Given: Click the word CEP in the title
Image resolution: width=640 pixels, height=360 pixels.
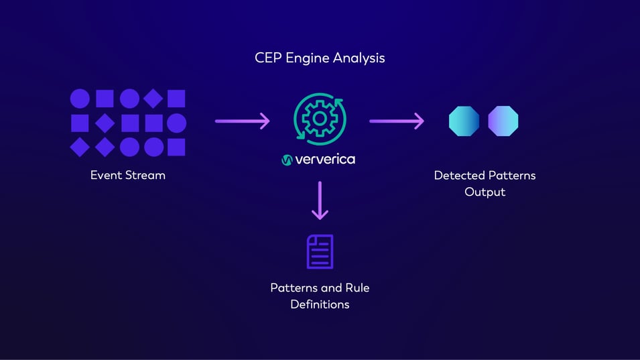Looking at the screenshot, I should pos(268,58).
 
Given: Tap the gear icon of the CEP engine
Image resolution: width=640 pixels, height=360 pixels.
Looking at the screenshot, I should pos(320,118).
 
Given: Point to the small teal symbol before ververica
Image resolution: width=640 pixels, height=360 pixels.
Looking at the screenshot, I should pos(287,160).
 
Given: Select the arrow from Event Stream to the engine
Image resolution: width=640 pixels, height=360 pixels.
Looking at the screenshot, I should pos(242,121).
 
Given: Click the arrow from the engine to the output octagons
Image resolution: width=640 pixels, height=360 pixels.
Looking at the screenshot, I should pos(397,121).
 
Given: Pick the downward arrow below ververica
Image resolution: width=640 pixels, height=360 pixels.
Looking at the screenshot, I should pos(320,200).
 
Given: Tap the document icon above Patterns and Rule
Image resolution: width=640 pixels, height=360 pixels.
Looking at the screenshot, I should pos(320,251).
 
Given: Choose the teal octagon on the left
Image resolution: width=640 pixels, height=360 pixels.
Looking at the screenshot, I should pos(464,121).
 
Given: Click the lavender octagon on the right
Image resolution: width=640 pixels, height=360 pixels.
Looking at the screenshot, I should pos(503,121).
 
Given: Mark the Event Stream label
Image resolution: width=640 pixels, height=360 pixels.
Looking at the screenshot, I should pos(128,176).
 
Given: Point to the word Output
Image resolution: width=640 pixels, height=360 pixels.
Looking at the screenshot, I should pos(485,192).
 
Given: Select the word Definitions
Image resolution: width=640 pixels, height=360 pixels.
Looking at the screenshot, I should pos(320,304).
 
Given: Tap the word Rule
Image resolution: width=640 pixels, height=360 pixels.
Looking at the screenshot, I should pos(357,288).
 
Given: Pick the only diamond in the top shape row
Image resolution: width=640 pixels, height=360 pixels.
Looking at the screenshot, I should pos(153,99).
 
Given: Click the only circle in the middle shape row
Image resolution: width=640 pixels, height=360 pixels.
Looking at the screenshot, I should pos(177,123).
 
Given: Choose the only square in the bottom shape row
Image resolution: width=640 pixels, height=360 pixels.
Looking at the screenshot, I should pos(177,147).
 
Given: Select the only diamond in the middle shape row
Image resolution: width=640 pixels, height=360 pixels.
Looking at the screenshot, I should pos(105,123).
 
